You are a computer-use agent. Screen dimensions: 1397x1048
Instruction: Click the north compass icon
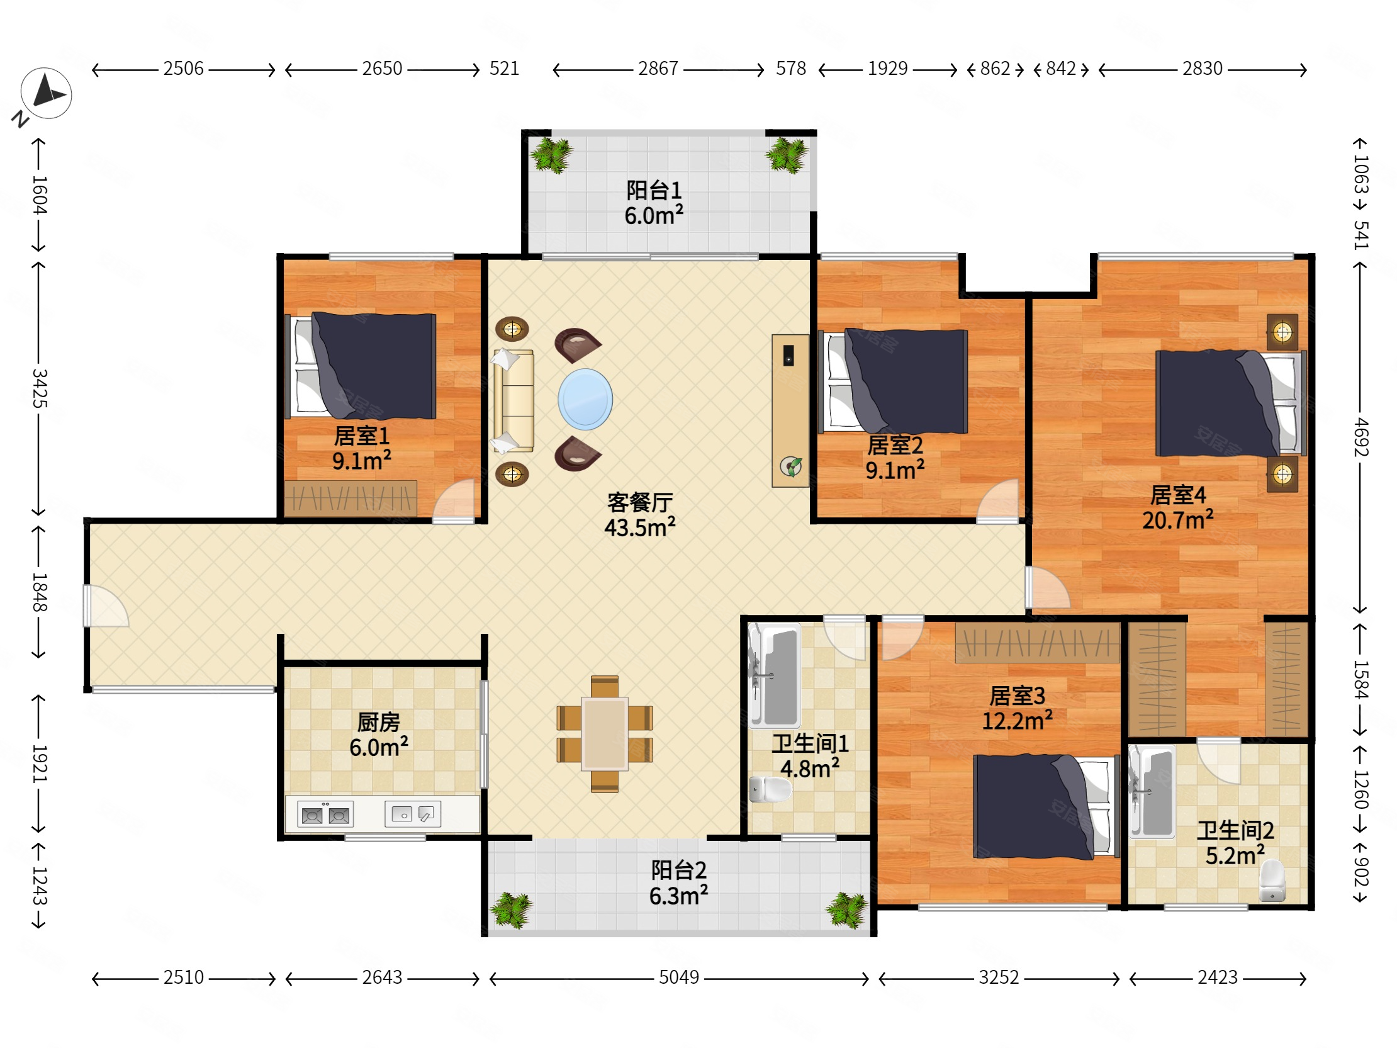tap(46, 94)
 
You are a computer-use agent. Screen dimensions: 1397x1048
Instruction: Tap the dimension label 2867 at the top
tap(658, 68)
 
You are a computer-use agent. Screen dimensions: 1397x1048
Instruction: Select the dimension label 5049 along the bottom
tap(679, 978)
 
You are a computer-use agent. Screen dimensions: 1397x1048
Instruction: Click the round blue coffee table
tap(585, 399)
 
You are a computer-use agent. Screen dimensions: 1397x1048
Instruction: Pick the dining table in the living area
tap(605, 734)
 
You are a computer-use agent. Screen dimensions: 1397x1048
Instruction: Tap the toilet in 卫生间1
tap(770, 789)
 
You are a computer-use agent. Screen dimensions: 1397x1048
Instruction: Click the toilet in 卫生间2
tap(1272, 880)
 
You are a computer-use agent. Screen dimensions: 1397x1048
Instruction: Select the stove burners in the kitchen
tap(325, 815)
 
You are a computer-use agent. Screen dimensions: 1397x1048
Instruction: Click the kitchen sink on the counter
tap(413, 814)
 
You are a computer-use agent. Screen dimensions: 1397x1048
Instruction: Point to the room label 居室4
tap(1178, 495)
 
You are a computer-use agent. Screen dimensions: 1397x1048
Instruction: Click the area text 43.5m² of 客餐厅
tap(640, 527)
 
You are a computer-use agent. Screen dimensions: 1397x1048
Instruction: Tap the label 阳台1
tap(654, 189)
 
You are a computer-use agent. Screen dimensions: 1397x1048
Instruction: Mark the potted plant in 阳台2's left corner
tap(512, 910)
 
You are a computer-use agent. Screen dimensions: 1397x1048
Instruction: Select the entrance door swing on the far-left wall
tap(106, 606)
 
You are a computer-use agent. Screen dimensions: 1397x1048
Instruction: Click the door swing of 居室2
tap(998, 501)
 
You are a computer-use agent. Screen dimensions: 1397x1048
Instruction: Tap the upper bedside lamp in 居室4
tap(1282, 332)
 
